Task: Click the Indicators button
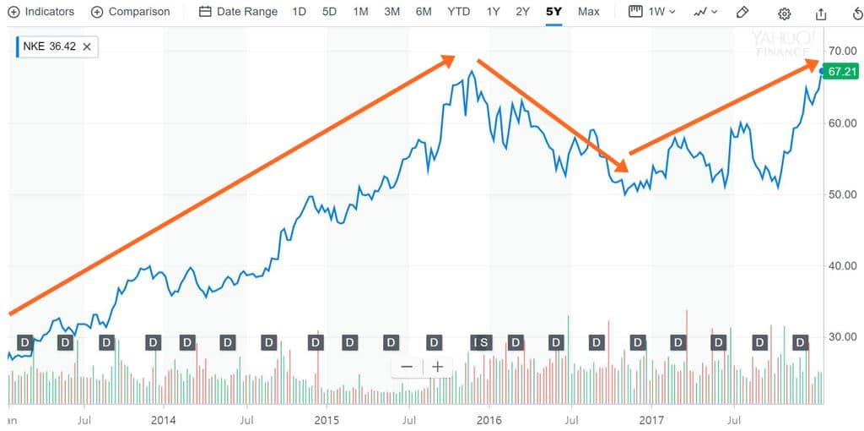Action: tap(41, 12)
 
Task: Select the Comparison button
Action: tap(131, 12)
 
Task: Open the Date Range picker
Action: tap(239, 12)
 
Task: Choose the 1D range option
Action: tap(299, 12)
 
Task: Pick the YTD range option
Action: tap(459, 12)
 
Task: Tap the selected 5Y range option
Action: tap(553, 12)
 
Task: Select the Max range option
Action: tap(589, 12)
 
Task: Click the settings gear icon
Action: tap(785, 13)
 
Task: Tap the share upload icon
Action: tap(822, 13)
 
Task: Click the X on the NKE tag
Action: tap(86, 46)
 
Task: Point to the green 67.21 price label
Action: tap(840, 72)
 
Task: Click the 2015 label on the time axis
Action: tap(327, 419)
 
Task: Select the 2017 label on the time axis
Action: tap(651, 419)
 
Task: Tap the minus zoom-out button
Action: tap(407, 367)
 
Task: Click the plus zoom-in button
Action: tap(437, 367)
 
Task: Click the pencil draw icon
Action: tap(742, 12)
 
